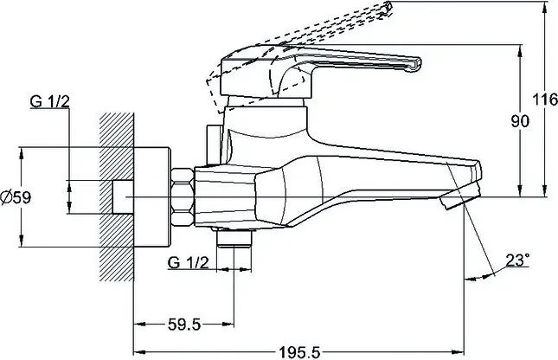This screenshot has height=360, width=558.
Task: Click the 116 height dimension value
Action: (545, 100)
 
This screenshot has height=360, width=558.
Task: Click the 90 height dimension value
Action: (520, 121)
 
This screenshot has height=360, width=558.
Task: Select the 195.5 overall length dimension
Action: (299, 352)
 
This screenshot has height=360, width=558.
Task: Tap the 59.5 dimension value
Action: (184, 325)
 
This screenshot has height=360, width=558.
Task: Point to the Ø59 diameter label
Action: (16, 197)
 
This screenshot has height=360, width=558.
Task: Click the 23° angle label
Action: (517, 260)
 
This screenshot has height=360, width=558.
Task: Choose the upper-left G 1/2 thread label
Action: (50, 101)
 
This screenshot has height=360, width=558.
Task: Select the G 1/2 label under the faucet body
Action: (188, 263)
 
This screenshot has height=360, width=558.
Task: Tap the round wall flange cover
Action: (152, 196)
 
